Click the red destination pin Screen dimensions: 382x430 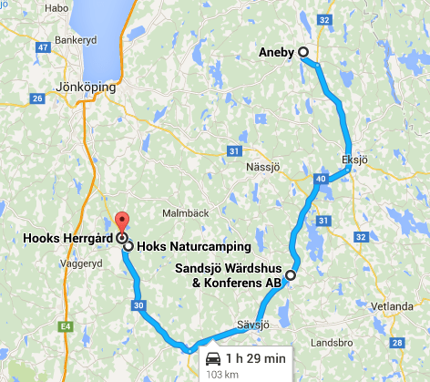121,221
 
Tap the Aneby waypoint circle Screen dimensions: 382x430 303,52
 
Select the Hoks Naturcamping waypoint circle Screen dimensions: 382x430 128,246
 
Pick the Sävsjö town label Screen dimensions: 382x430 254,325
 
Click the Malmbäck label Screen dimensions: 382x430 179,212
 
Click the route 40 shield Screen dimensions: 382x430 320,180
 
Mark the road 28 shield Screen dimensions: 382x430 395,343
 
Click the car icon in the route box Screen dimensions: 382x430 213,356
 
